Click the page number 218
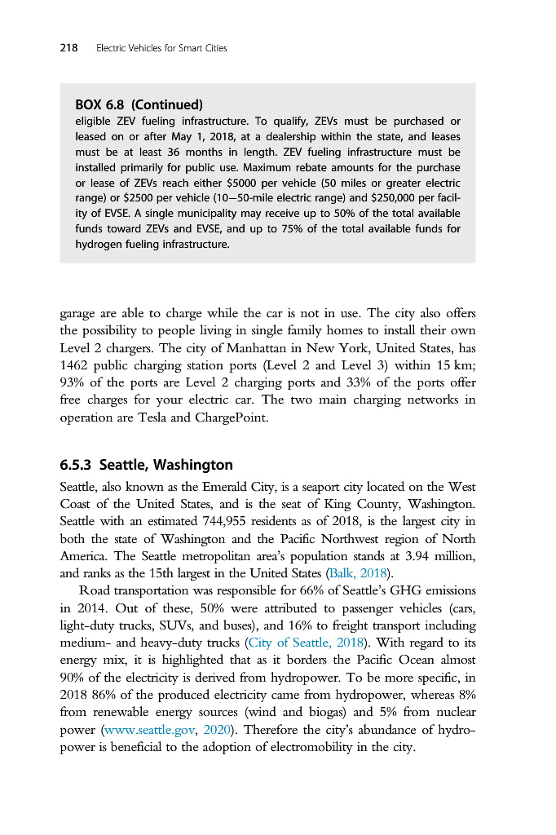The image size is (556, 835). [68, 48]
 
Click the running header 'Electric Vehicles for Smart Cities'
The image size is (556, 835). [161, 48]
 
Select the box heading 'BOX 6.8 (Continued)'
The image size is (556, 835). [138, 105]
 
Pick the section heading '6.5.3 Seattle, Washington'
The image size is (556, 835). [146, 466]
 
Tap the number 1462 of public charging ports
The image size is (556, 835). [77, 366]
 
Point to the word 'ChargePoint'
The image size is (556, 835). [232, 417]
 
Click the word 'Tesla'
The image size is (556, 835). [165, 417]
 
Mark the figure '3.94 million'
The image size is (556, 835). [439, 555]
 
